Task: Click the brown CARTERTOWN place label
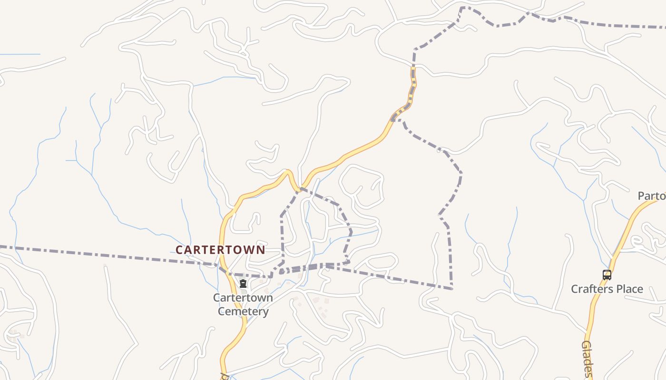(220, 250)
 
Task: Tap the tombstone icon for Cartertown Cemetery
(243, 284)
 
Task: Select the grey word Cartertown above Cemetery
(243, 298)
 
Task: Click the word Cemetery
(243, 312)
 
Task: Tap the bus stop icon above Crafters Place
(607, 275)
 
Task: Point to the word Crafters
(592, 289)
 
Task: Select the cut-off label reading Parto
(651, 196)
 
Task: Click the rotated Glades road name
(587, 359)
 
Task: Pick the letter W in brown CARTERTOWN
(249, 250)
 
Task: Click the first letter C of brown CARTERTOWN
(179, 250)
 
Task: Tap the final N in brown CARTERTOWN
(261, 250)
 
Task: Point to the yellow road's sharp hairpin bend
(288, 172)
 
